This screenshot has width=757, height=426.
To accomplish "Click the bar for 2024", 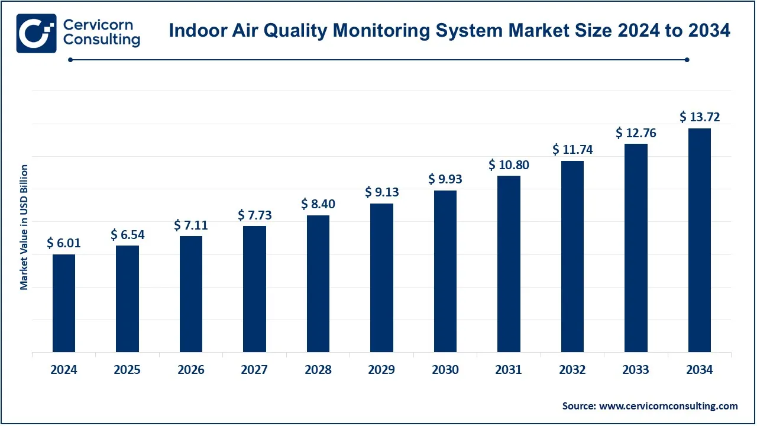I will (x=64, y=303).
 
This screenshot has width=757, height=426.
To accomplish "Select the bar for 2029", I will (x=381, y=277).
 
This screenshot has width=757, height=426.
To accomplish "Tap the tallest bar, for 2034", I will (x=700, y=240).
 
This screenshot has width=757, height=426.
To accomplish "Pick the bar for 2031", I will (x=509, y=263).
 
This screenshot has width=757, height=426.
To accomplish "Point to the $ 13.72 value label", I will (x=700, y=117).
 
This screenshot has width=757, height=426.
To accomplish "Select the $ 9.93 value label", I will (x=445, y=179).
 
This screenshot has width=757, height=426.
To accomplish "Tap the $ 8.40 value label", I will (x=318, y=204).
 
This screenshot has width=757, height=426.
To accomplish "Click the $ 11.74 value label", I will (x=572, y=150).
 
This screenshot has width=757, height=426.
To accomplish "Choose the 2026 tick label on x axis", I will (x=191, y=370).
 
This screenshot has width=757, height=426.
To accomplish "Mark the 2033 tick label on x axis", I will (x=636, y=370).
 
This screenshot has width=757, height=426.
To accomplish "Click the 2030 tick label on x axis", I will (x=445, y=370).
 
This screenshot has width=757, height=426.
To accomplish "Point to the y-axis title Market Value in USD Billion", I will (x=24, y=227).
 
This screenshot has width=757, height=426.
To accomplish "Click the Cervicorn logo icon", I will (x=36, y=33).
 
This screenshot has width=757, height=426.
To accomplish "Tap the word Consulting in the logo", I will (x=101, y=40).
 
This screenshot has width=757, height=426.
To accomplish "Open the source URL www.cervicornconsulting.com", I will (x=669, y=406).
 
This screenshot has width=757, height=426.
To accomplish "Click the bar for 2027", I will (x=254, y=289).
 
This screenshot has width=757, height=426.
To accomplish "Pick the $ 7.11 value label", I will (x=191, y=225).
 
